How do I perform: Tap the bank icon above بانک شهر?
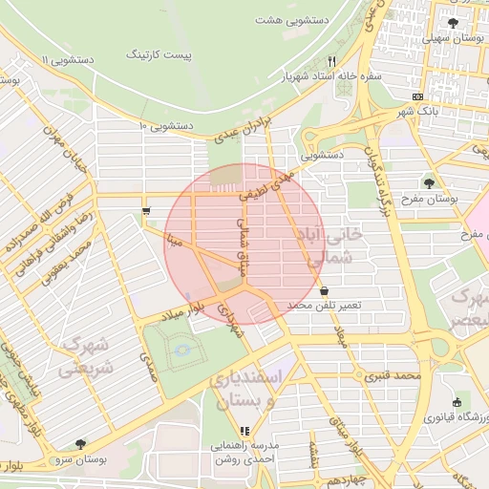417,96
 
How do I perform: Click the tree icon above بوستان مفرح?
428,181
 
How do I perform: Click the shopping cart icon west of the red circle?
145,211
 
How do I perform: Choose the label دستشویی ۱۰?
167,125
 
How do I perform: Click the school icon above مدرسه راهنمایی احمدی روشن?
218,430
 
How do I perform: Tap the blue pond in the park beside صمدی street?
181,351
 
